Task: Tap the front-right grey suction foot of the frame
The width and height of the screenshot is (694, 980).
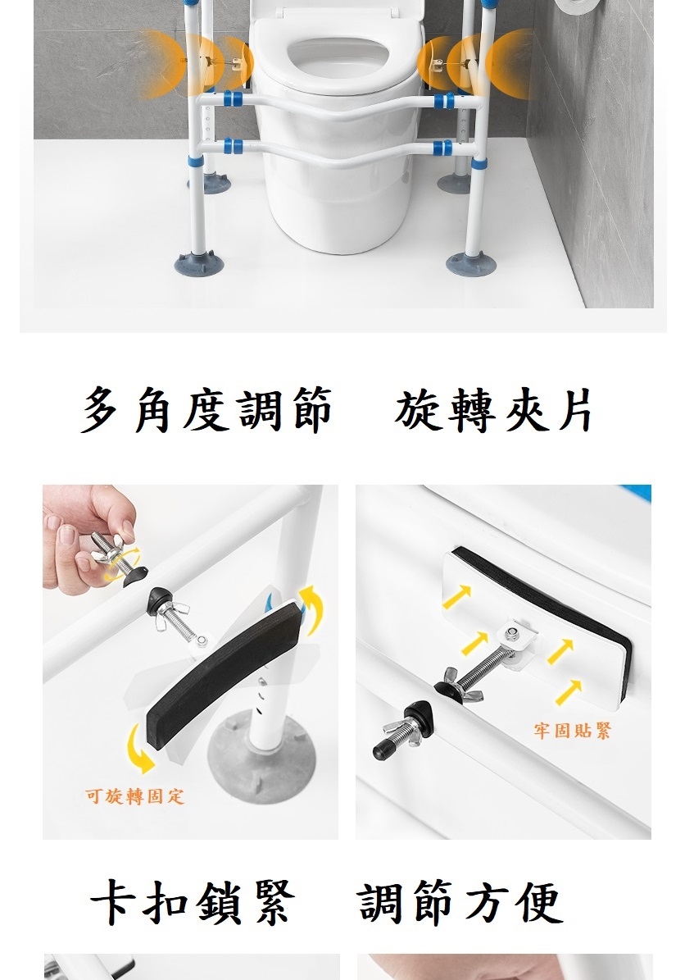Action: [x=470, y=263]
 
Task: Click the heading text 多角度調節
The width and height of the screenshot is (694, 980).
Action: [x=206, y=410]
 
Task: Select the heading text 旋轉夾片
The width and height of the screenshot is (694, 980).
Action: [x=493, y=410]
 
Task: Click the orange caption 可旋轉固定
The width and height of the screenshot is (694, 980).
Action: [x=135, y=796]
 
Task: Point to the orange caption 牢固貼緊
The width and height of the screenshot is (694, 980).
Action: [x=572, y=730]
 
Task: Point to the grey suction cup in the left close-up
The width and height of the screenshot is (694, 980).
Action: [x=261, y=760]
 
